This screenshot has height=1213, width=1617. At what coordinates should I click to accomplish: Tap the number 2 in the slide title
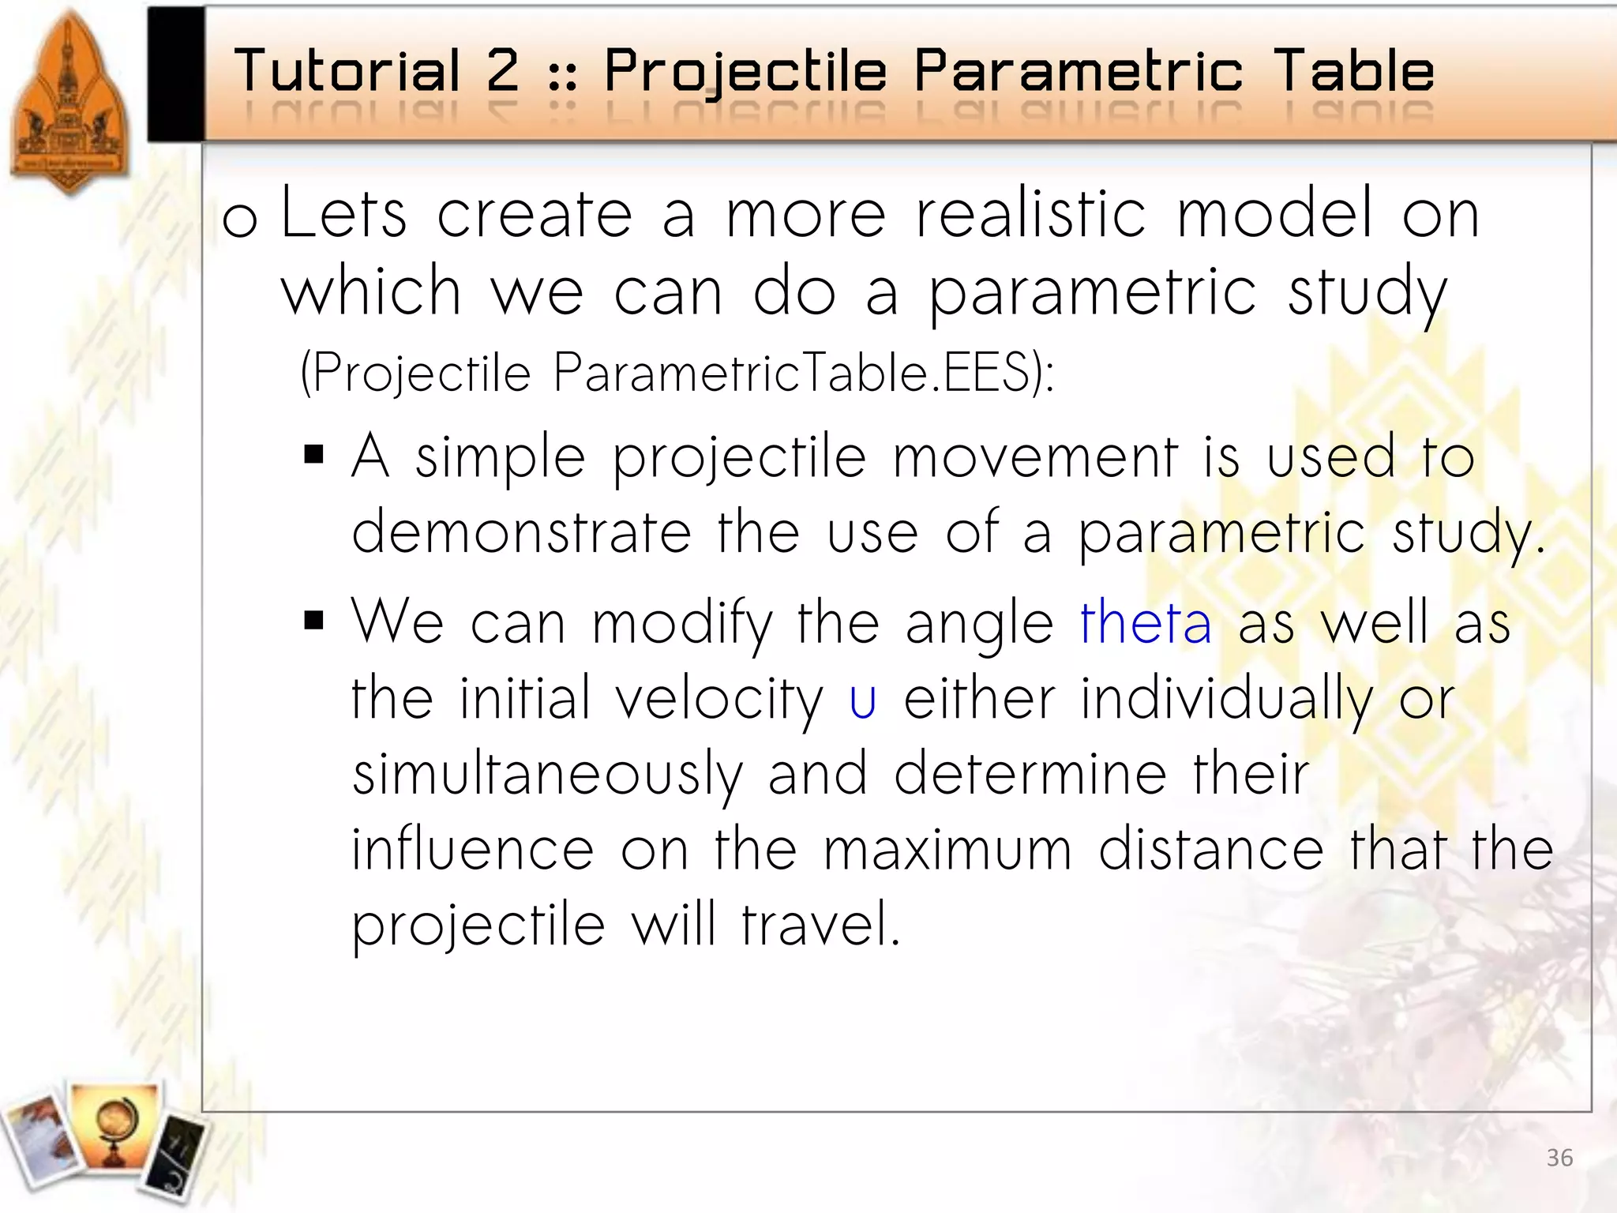(x=502, y=71)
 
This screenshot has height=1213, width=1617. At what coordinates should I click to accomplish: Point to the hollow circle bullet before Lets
(x=239, y=220)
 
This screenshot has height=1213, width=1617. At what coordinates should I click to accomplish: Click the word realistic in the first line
(x=1030, y=213)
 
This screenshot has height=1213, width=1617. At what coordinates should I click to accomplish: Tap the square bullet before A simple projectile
(x=313, y=455)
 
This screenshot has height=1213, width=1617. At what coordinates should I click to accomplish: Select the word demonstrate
(x=521, y=532)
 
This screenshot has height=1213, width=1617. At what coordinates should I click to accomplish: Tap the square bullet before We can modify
(x=313, y=621)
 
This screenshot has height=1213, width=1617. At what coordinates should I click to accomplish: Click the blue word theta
(x=1145, y=622)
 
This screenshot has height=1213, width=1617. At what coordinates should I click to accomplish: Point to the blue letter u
(x=862, y=700)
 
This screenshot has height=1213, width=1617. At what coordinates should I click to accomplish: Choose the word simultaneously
(x=547, y=774)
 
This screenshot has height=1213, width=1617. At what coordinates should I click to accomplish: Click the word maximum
(x=947, y=850)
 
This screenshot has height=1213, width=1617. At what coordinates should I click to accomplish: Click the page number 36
(x=1559, y=1158)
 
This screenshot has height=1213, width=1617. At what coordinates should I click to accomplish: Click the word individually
(x=1226, y=700)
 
